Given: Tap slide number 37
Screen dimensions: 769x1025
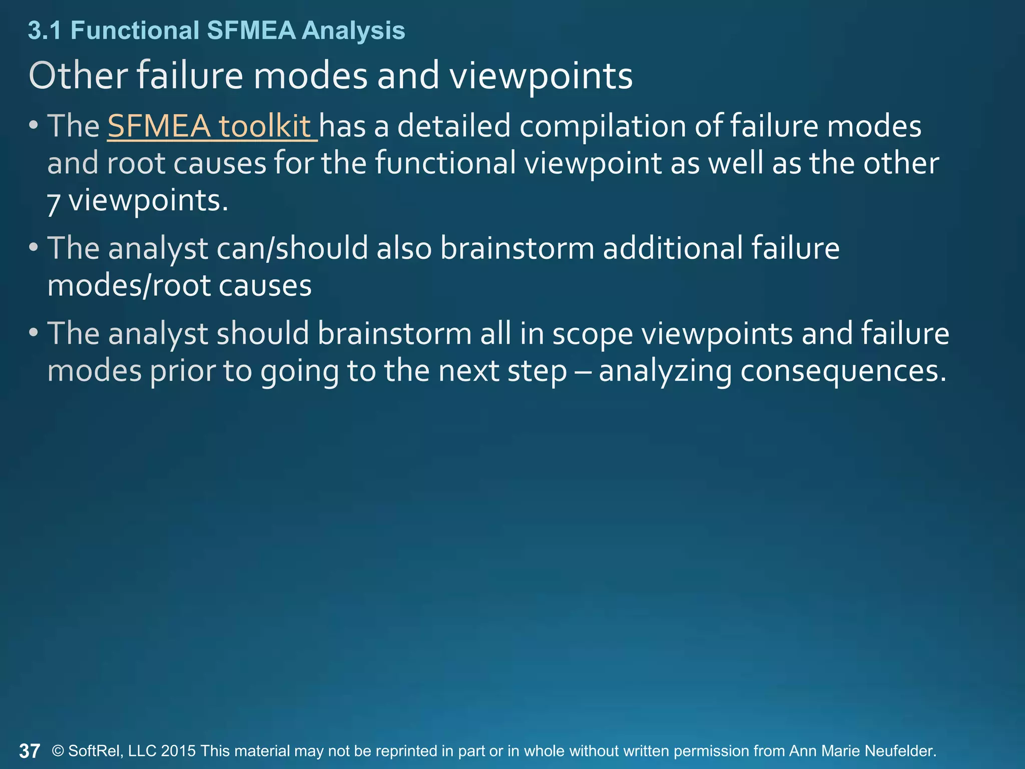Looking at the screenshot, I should (30, 751).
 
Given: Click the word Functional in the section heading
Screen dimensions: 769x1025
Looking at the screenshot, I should (135, 31).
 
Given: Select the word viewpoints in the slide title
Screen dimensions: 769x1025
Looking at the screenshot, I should (541, 77).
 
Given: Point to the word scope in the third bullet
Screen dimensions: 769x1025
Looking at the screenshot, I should (593, 334).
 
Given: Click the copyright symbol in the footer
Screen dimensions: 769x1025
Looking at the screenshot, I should (58, 751).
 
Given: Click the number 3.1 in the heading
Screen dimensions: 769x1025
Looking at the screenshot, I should (45, 31).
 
